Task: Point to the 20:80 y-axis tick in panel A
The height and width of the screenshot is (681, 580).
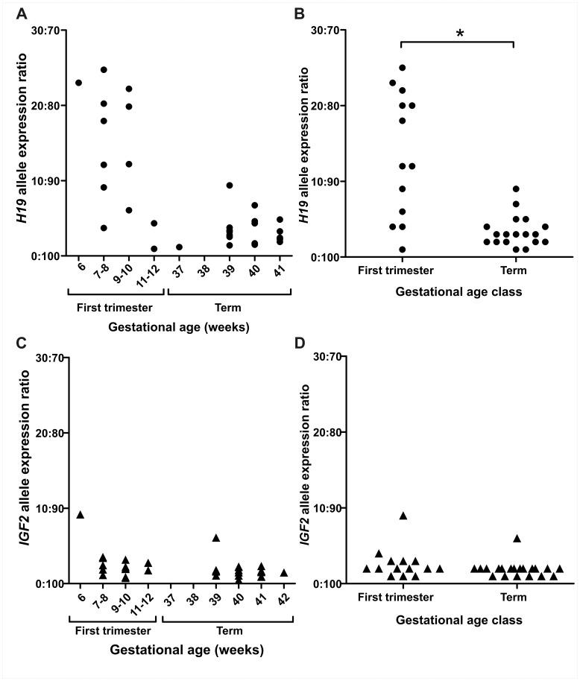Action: pyautogui.click(x=48, y=106)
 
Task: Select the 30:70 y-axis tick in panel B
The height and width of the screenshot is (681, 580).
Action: pyautogui.click(x=322, y=31)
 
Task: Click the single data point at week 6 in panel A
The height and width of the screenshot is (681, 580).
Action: pyautogui.click(x=79, y=83)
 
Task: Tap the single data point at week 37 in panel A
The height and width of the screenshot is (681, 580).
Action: pyautogui.click(x=180, y=247)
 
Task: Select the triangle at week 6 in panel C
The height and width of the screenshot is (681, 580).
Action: pyautogui.click(x=80, y=515)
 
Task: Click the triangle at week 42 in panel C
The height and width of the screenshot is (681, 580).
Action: pyautogui.click(x=284, y=573)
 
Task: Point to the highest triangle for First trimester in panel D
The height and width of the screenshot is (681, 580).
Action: pyautogui.click(x=403, y=516)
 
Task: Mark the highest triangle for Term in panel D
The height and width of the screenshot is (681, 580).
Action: pyautogui.click(x=517, y=538)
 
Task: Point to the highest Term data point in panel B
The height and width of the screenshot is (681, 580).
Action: pyautogui.click(x=515, y=189)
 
